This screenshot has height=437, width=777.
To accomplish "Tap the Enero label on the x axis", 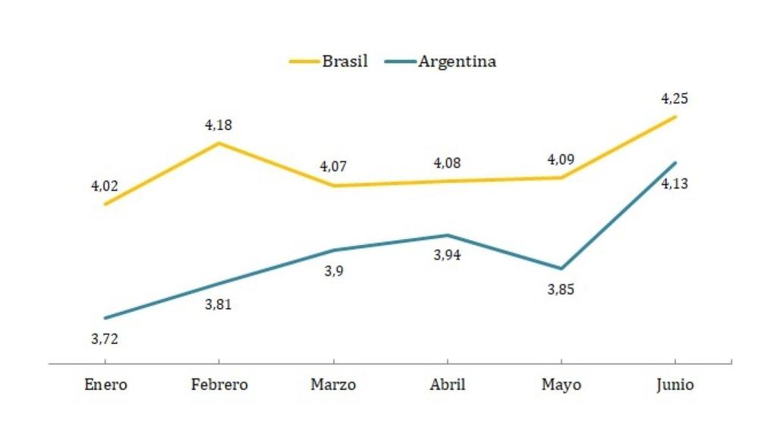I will [x=105, y=385].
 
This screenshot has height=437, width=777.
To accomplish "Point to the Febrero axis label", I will [x=219, y=385].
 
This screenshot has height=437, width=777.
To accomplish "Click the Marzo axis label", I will [x=333, y=385].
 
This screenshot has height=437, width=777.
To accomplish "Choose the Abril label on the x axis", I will [x=447, y=385].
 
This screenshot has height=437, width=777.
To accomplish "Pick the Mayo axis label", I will [x=561, y=385].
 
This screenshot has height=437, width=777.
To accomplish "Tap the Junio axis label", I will [x=675, y=385].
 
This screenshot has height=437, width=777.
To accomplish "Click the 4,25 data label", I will [x=675, y=99].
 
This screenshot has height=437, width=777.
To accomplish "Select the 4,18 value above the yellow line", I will [x=219, y=125].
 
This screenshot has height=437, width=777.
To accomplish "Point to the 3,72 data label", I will [x=105, y=339].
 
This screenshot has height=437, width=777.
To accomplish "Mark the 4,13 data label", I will [x=675, y=184].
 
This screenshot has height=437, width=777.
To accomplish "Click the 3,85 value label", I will [x=561, y=290].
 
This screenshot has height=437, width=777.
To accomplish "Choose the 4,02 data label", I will [x=105, y=186].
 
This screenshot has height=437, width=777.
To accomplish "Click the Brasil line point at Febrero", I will [x=219, y=143].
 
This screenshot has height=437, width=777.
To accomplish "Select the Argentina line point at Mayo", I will [x=561, y=269].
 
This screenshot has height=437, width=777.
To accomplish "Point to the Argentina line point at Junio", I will [x=675, y=162].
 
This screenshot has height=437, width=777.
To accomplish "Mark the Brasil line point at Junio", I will [x=675, y=117].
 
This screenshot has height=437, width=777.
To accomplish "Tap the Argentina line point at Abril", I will [x=447, y=235].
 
